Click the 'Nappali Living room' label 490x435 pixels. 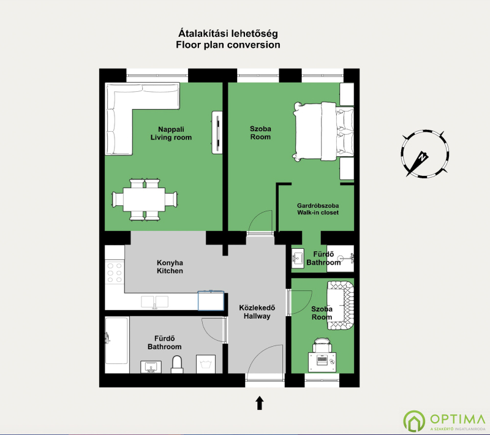171,134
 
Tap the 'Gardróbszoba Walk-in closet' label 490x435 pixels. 318,209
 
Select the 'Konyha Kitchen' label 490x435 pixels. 170,267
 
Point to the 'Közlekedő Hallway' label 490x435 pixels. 257,312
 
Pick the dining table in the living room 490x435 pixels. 145,199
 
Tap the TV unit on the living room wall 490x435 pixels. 217,132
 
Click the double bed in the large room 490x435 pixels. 323,131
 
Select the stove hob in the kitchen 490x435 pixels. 115,273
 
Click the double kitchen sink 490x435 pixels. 155,302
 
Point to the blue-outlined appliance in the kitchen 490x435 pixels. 211,301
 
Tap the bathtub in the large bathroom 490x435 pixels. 116,341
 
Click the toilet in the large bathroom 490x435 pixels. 177,365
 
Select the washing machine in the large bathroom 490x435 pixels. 206,364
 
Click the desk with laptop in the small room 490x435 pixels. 322,361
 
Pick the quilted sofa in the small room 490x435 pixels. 341,305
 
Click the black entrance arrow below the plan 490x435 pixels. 260,403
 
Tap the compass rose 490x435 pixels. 424,154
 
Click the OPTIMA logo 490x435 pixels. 444,422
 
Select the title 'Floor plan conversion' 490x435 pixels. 228,45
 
